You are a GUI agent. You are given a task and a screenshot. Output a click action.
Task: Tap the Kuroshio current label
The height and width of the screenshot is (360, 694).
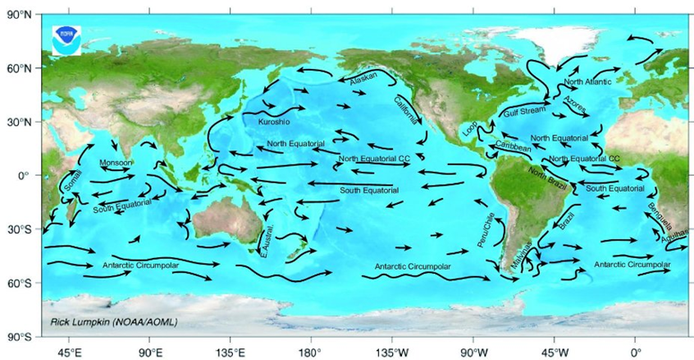(x=274, y=121)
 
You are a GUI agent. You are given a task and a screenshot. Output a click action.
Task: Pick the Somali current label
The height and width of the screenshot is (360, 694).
(x=73, y=180)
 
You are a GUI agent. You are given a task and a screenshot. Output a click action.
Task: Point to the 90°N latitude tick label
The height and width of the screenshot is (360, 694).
(x=21, y=13)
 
